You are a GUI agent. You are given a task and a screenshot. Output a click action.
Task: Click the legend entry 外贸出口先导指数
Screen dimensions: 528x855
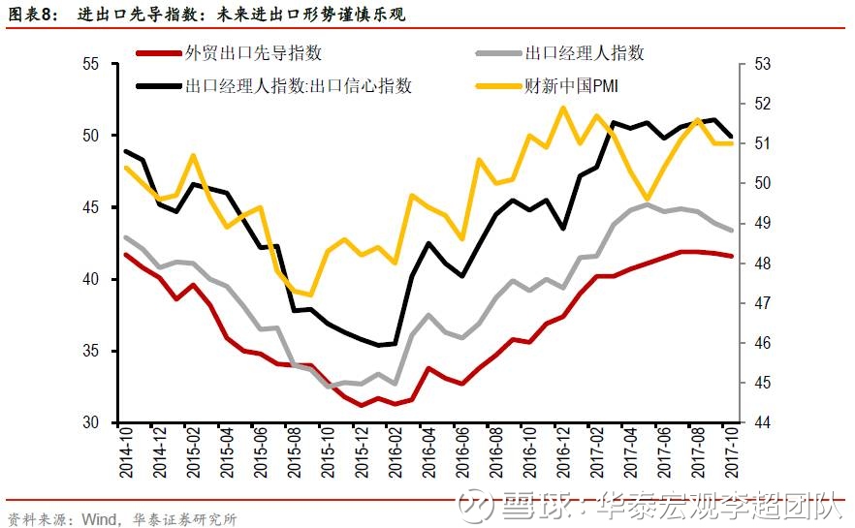(254, 53)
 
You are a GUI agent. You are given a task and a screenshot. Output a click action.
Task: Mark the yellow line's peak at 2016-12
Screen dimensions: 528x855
(563, 108)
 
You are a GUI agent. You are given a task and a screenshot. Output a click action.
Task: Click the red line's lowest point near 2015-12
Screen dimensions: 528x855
(362, 406)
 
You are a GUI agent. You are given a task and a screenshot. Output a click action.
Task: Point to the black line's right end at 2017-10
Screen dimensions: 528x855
(730, 137)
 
